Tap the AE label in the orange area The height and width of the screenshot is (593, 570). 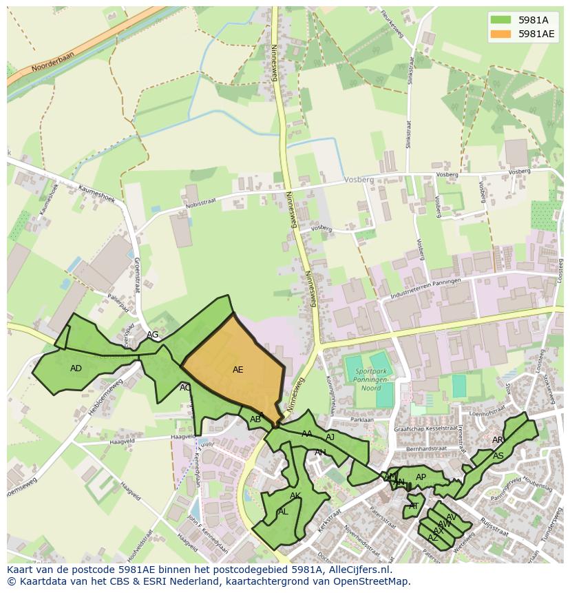click(x=237, y=370)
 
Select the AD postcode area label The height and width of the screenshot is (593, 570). click(x=76, y=368)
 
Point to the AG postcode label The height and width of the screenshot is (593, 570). click(x=153, y=335)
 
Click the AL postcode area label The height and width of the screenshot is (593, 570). click(x=283, y=512)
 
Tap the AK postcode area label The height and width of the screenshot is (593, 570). click(x=295, y=496)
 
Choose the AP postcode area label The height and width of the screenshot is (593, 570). click(x=421, y=477)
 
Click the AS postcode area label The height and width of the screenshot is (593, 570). click(x=498, y=456)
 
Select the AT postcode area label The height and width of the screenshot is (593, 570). click(x=414, y=506)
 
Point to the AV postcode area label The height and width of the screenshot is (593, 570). click(x=451, y=517)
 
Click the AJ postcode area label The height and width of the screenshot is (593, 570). click(x=330, y=437)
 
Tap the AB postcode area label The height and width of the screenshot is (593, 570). click(x=255, y=419)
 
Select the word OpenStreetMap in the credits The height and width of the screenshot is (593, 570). click(x=372, y=582)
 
